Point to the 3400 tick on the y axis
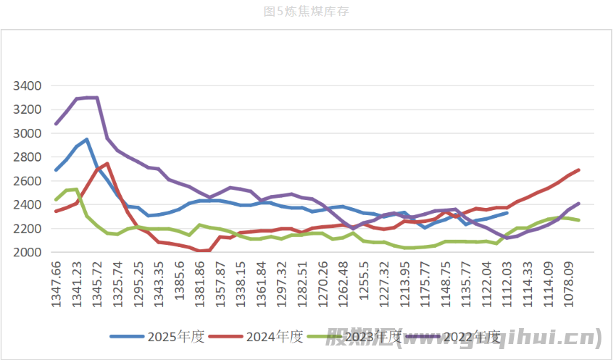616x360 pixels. click(x=29, y=86)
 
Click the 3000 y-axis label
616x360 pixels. click(x=29, y=134)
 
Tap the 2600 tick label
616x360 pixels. click(x=29, y=181)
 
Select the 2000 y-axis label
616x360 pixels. click(x=29, y=252)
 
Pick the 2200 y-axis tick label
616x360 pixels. click(x=29, y=229)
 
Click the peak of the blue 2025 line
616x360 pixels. click(x=87, y=139)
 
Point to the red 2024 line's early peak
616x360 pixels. click(x=107, y=164)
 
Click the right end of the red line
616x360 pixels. click(x=579, y=170)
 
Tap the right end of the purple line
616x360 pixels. click(x=579, y=204)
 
